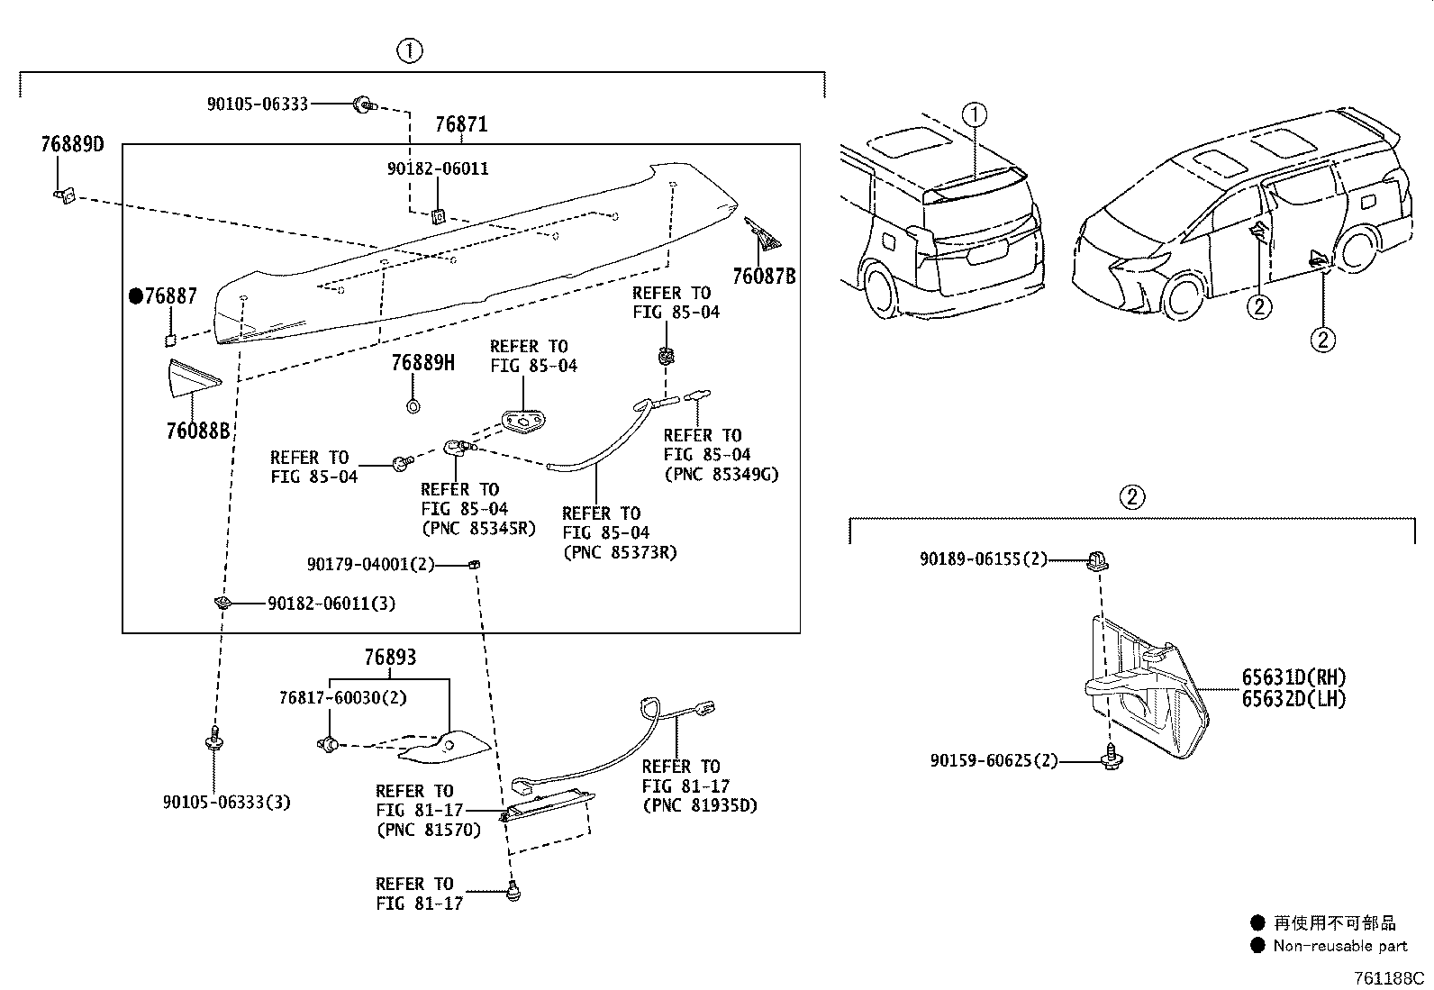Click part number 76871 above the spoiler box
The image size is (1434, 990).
click(461, 123)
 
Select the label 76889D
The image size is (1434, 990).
click(72, 144)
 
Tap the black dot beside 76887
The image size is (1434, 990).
click(136, 295)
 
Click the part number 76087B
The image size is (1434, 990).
click(764, 276)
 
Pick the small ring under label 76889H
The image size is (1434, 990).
click(413, 406)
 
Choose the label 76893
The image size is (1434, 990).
click(390, 657)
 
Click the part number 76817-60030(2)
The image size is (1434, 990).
click(343, 697)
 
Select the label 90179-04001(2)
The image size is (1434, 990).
click(371, 564)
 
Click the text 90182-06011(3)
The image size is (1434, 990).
click(331, 604)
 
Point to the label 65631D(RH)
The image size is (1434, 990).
click(1293, 677)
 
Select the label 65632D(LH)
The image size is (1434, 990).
click(1293, 699)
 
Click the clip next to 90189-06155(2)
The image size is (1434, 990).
click(1098, 561)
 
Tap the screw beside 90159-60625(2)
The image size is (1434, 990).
click(1112, 758)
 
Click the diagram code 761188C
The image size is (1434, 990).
click(1389, 977)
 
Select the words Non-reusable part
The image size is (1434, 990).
click(1340, 946)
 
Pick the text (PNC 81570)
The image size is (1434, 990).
click(428, 830)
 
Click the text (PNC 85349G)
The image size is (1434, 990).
click(722, 474)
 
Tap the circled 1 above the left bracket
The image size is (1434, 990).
click(410, 50)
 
